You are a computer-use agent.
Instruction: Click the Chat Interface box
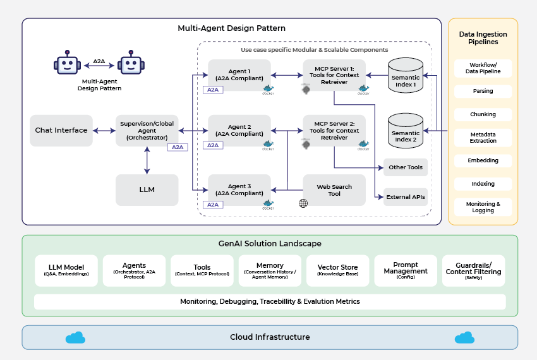click(x=61, y=130)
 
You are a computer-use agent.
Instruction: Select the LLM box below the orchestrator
click(x=147, y=189)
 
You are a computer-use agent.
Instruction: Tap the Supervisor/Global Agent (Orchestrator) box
click(x=147, y=130)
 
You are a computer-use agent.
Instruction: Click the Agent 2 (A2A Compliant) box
click(x=239, y=131)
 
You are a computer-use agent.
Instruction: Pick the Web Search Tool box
click(x=334, y=189)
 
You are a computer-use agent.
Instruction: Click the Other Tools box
click(x=406, y=167)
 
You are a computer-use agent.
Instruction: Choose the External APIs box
click(x=406, y=196)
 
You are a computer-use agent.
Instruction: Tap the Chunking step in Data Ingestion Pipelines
click(x=483, y=114)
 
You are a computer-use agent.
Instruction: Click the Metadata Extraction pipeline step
click(x=483, y=138)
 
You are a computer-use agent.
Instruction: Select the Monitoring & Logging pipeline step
click(x=483, y=207)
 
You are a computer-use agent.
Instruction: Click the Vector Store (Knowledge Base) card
click(x=337, y=270)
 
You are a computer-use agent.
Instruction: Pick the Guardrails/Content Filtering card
click(x=473, y=270)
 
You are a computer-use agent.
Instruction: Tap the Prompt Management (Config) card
click(x=406, y=270)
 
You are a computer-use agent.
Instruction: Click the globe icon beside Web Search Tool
click(x=303, y=203)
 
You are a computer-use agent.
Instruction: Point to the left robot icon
click(x=66, y=64)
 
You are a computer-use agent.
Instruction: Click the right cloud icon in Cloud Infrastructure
click(x=464, y=337)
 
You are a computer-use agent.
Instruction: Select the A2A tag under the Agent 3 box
click(x=213, y=205)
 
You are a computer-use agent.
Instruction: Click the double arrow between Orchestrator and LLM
click(x=147, y=160)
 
